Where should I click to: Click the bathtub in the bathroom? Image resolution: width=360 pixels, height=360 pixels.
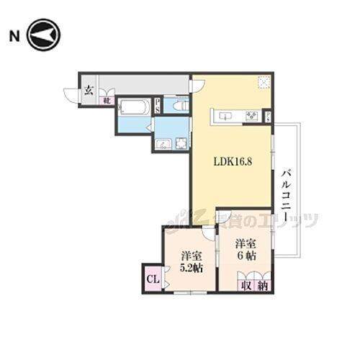tap(135, 109)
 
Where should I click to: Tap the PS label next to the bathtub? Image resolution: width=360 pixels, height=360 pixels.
tap(158, 107)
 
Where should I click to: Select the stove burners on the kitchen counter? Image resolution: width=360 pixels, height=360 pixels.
tap(252, 116)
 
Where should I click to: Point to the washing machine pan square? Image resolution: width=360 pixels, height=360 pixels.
tap(180, 143)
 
